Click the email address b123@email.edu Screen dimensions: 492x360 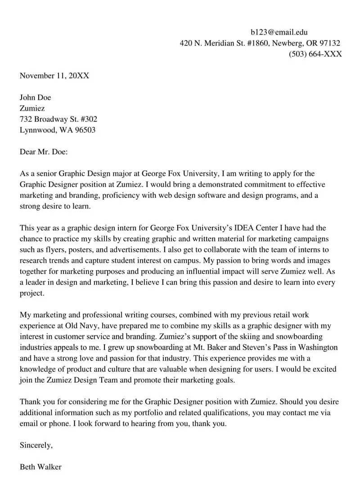tap(279, 32)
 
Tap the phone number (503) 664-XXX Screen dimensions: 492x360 tap(315, 54)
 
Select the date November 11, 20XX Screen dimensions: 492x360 tap(54, 76)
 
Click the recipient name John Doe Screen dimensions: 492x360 tap(36, 98)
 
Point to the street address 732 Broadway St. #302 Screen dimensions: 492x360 tap(58, 119)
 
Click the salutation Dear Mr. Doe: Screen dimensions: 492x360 tap(44, 152)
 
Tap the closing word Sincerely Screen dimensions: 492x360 tap(36, 446)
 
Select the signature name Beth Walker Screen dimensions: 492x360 tap(40, 467)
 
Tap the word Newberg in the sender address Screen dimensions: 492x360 tap(288, 43)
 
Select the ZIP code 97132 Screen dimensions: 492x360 tap(330, 43)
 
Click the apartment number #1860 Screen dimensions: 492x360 tap(257, 43)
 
